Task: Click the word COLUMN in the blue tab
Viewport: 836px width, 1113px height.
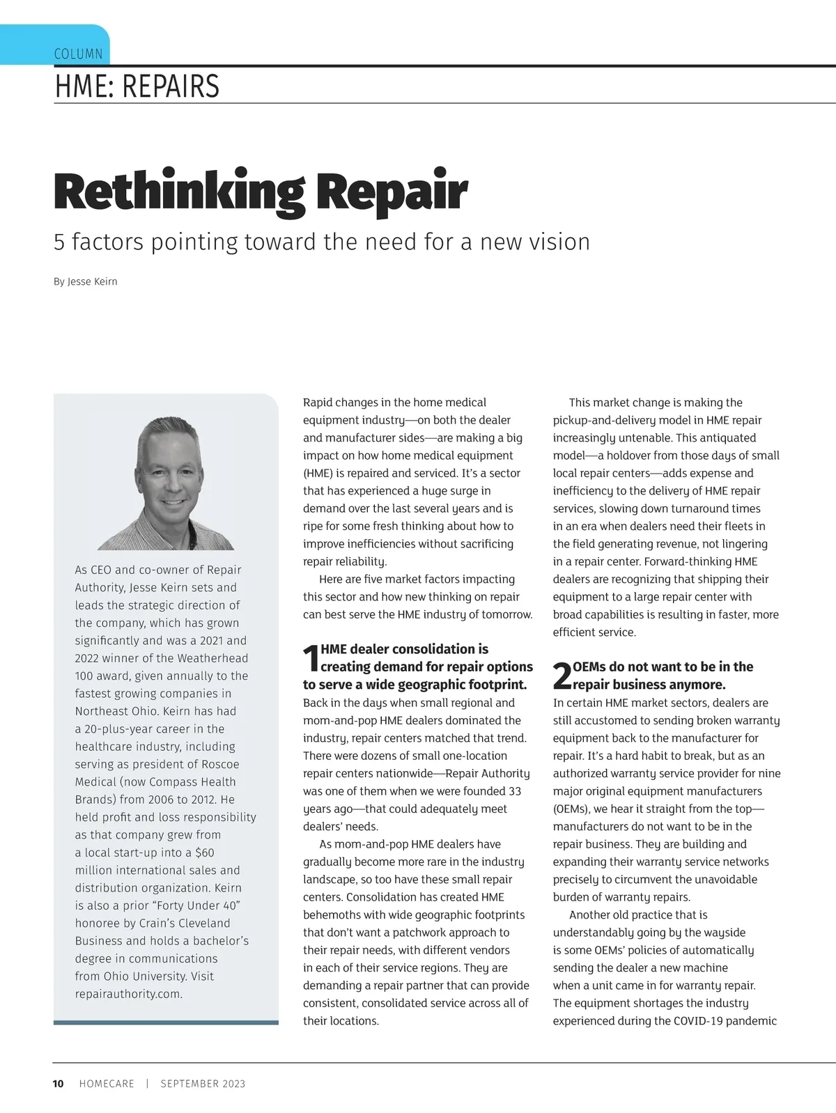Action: coord(78,54)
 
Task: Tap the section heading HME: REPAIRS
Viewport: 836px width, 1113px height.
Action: coord(137,86)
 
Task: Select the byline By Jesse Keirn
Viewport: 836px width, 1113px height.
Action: coord(85,281)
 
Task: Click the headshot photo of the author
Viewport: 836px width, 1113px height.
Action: coord(166,483)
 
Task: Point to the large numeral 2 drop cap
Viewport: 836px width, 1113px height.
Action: coord(562,676)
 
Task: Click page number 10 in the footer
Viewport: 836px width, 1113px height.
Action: coord(59,1084)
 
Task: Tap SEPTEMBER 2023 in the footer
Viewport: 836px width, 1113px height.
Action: coord(203,1084)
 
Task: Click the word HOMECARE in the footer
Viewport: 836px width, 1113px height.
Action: coord(107,1084)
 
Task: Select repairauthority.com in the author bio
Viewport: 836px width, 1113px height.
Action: coord(128,994)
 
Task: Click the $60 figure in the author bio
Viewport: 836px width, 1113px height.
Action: coord(205,853)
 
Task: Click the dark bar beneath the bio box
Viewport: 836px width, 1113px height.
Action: coord(166,1022)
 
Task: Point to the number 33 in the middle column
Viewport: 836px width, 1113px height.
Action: coord(514,791)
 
